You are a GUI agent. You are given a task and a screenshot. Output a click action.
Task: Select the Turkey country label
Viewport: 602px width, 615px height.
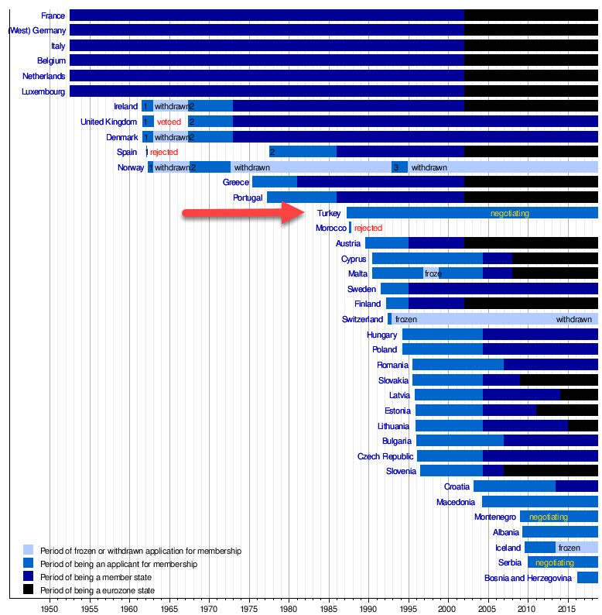[x=329, y=213]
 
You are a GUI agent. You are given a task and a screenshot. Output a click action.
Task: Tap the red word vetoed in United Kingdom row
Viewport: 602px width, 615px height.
[x=169, y=122]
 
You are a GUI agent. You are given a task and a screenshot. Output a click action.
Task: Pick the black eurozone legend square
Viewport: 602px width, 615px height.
[x=29, y=591]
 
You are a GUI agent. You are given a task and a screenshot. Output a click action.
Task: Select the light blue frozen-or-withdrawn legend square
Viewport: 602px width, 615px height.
[x=29, y=551]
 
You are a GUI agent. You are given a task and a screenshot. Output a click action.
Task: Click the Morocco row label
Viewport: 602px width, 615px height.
[x=331, y=228]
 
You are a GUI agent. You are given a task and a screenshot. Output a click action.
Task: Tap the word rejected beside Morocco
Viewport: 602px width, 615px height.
[x=368, y=228]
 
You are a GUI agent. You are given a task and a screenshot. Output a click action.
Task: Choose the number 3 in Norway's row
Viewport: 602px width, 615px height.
[x=396, y=167]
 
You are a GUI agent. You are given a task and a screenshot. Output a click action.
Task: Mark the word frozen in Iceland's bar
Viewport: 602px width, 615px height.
[x=570, y=548]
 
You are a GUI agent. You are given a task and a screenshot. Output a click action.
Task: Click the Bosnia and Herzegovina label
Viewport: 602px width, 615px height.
[x=528, y=578]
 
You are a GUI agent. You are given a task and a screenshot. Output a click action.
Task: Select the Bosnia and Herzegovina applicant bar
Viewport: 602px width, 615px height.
[x=587, y=578]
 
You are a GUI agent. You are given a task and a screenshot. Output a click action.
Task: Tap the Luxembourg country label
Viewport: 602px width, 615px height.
[x=43, y=91]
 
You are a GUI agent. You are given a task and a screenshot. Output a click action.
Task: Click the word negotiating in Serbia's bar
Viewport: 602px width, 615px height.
[x=555, y=563]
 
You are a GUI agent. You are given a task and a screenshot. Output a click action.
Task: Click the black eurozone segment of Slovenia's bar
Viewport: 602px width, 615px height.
[x=550, y=471]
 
